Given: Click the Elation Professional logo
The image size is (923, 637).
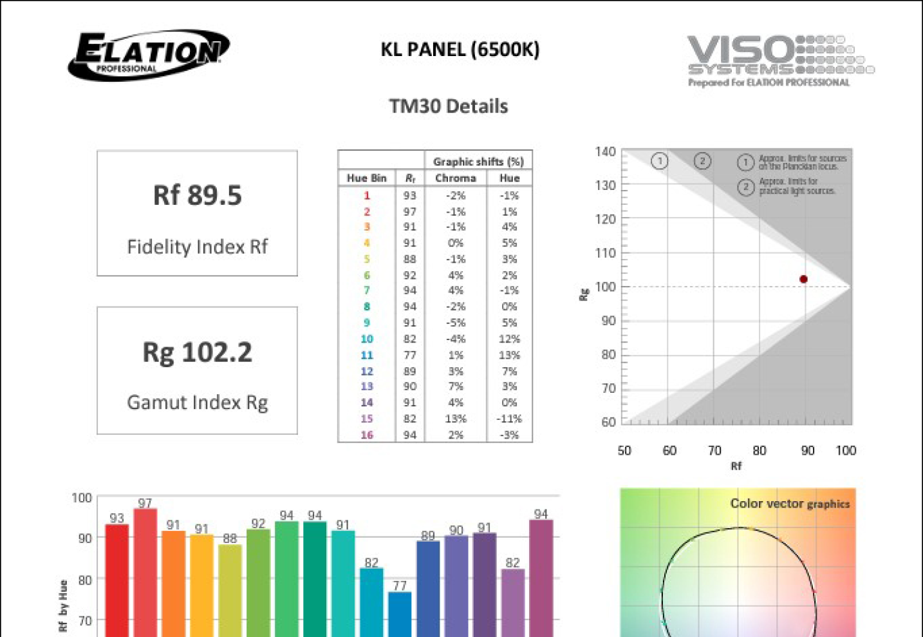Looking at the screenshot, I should point(149,55).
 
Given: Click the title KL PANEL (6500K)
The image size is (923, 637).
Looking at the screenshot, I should point(460,50).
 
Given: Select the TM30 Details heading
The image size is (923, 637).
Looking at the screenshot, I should point(448,106).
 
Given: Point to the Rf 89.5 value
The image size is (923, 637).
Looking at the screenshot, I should point(197,195).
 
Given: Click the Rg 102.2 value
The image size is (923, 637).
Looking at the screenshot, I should point(197,352).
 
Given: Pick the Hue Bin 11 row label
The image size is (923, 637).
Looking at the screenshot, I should point(367,355).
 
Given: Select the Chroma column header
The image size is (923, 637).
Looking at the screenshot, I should point(455,178).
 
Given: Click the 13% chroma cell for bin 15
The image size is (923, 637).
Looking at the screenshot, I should point(455,419).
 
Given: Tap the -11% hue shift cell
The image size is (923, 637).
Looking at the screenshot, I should point(509,419).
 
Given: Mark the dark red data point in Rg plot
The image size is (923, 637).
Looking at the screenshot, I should point(803,279).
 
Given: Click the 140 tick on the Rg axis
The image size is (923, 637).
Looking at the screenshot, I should point(605,152).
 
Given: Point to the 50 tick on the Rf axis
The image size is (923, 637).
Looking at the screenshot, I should point(624,450).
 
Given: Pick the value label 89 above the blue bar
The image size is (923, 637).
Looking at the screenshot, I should point(428,535).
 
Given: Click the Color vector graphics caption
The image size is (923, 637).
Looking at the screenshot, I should point(790,504).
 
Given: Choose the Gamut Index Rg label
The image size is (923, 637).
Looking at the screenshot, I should point(197,403).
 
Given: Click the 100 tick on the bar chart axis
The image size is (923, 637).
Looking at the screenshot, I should point(82,498).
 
